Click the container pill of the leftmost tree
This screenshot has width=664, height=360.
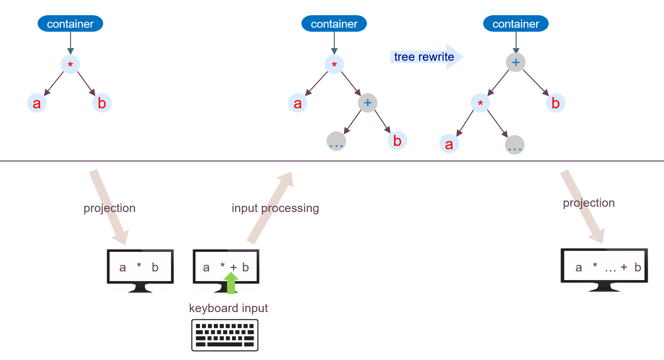pos(70,24)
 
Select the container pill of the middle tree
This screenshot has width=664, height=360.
pos(334,24)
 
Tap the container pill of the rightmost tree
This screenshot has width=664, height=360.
pos(516,24)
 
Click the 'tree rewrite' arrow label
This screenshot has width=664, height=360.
pos(424,57)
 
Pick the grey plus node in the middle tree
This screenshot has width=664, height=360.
pos(368,103)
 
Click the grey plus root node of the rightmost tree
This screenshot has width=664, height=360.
pos(516,62)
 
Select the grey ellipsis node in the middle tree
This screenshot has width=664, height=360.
pos(336,141)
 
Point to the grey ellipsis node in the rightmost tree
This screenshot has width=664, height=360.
pos(515,145)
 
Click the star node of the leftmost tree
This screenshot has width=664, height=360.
pos(70,64)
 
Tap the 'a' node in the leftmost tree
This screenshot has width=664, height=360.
pos(37,103)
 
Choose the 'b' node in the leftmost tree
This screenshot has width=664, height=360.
pos(102,103)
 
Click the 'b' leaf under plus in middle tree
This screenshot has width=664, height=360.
pos(397,141)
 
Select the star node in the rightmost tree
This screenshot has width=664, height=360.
pos(480,103)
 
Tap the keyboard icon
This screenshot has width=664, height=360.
pos(225,335)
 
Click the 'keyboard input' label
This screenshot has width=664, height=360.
pos(228,308)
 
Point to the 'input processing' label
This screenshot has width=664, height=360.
pos(275,208)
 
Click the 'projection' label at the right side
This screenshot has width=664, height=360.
pos(589,203)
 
